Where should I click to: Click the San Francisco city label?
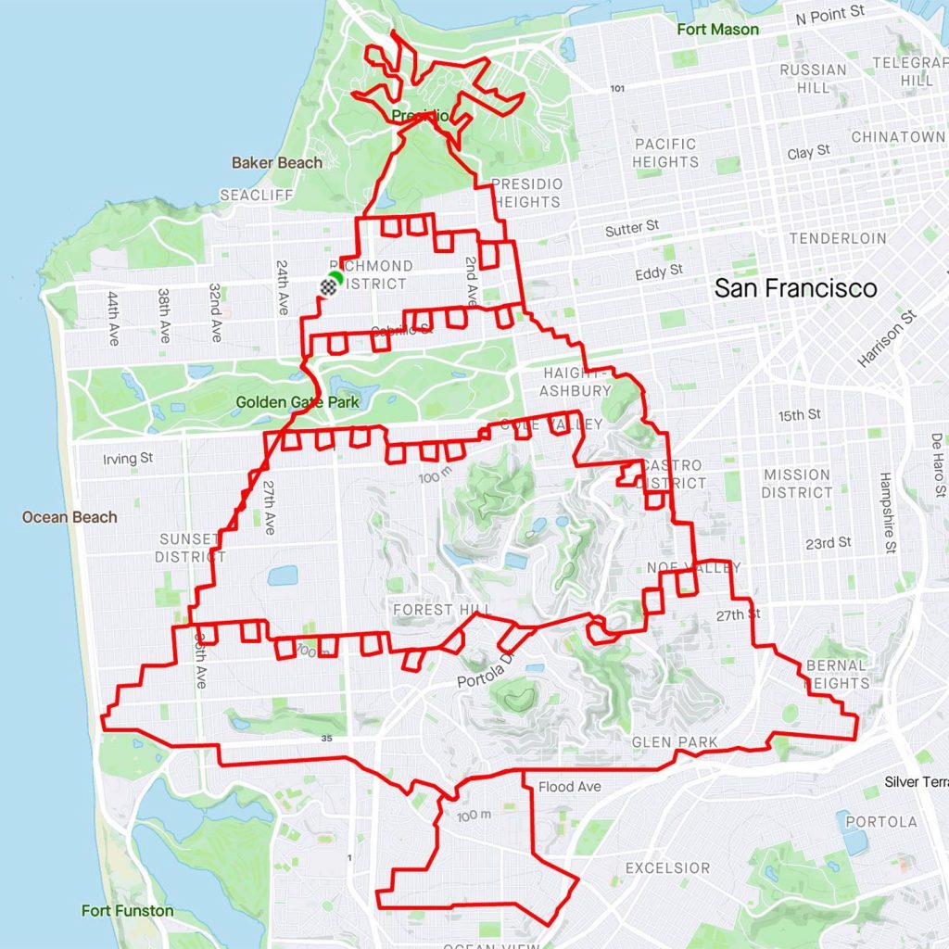[795, 288]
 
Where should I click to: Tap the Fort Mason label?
[717, 30]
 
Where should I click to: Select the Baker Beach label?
[277, 163]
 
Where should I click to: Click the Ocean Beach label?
[70, 517]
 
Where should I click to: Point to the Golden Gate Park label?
[297, 402]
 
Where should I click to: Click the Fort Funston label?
[127, 910]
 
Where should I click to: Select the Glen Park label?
[675, 742]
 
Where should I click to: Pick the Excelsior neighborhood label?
[667, 868]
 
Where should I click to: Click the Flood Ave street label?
[570, 788]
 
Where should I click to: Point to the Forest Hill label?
[435, 610]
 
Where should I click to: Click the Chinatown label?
[898, 137]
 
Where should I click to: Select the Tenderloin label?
[838, 238]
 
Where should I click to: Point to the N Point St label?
[830, 14]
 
